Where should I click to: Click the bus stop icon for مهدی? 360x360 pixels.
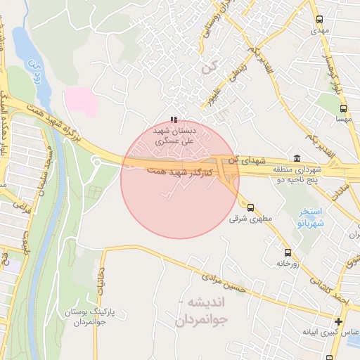[x=320, y=20]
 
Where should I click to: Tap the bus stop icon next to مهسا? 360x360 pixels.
[x=343, y=109]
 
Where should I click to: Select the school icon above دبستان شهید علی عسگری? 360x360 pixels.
[x=174, y=120]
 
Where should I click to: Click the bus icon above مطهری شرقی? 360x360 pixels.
[x=250, y=207]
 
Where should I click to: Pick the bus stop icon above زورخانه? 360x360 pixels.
[x=287, y=252]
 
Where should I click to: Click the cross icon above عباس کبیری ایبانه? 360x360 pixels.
[x=338, y=321]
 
